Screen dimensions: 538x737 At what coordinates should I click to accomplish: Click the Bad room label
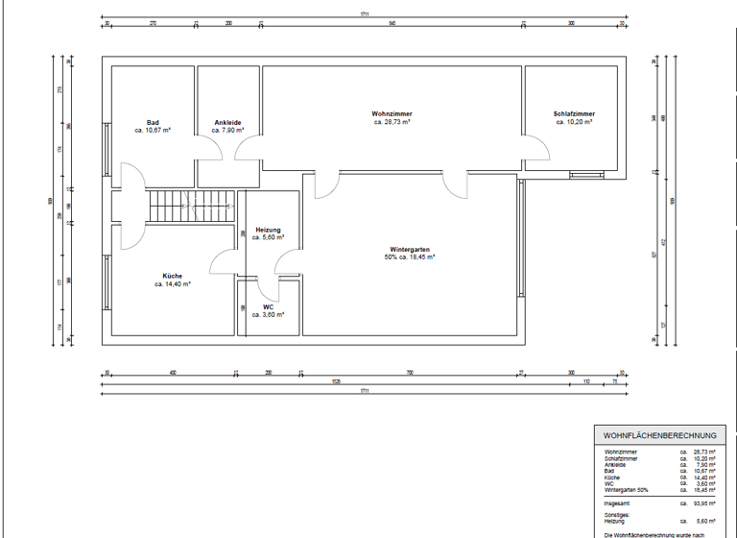153,122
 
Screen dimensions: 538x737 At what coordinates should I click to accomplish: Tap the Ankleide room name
228,122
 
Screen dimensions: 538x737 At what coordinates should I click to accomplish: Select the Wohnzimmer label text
392,114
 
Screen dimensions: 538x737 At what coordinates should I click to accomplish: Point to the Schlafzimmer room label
574,114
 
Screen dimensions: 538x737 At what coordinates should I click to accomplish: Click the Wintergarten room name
410,249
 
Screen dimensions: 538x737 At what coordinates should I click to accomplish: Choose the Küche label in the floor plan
173,276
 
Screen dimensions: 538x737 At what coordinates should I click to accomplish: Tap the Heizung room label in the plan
268,230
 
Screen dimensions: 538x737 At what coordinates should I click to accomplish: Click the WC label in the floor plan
268,306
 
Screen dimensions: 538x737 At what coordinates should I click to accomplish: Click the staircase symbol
190,206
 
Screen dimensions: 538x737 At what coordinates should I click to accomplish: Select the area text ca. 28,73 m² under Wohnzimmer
392,123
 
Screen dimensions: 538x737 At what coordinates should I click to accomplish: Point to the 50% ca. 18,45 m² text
410,257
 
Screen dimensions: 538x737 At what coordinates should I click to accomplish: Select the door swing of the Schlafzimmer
536,149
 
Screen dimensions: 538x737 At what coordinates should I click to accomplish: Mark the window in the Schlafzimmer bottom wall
582,174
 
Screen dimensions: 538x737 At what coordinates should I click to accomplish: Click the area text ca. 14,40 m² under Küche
173,284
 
